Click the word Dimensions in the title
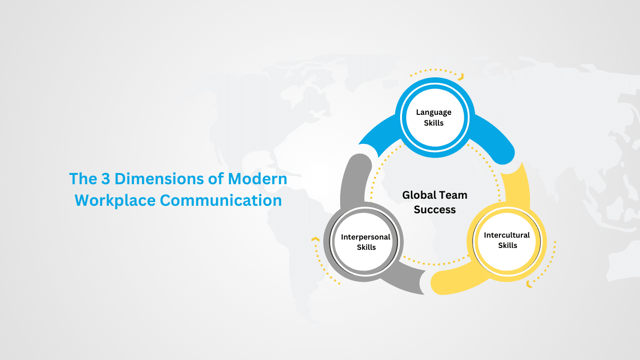point(159,179)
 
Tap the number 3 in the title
point(105,179)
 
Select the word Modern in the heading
point(257,179)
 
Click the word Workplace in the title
point(115,201)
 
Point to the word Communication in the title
point(221,200)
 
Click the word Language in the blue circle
point(434,112)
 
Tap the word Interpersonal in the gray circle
point(365,237)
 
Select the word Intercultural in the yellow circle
point(507,235)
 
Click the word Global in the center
point(418,195)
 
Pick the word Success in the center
point(435,210)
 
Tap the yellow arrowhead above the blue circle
point(461,76)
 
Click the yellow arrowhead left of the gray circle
point(315,239)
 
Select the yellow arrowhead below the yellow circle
point(529,284)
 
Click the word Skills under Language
point(434,123)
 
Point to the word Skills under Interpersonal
point(366,247)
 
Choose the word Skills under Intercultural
point(508,245)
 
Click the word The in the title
point(83,179)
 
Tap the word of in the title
point(216,179)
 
